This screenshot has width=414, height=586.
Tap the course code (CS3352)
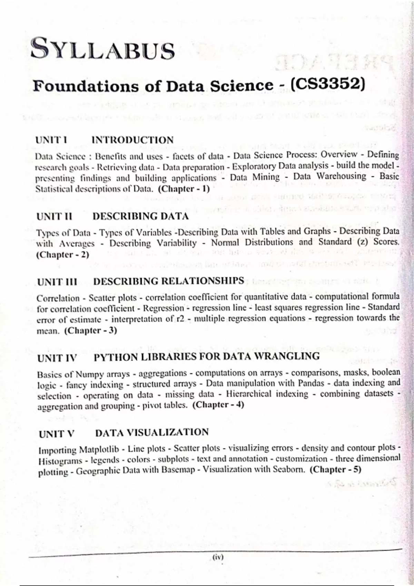click(x=327, y=84)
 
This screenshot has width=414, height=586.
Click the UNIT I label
click(x=51, y=140)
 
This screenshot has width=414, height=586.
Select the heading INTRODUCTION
click(x=132, y=140)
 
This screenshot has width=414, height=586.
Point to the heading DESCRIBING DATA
click(x=140, y=216)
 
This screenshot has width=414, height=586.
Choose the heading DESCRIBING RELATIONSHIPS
click(x=169, y=281)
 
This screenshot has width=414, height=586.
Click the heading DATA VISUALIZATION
click(x=152, y=432)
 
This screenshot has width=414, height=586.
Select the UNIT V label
click(x=57, y=434)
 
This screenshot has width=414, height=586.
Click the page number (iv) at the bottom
click(x=218, y=557)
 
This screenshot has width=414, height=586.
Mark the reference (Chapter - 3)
click(x=91, y=330)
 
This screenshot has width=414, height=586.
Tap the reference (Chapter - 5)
click(x=335, y=469)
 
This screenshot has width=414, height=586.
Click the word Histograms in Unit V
click(x=60, y=461)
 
